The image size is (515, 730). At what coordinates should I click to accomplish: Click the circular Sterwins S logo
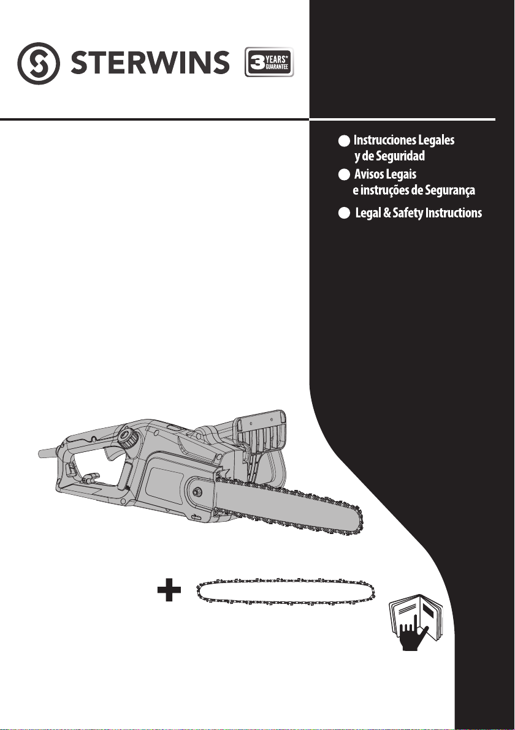pyautogui.click(x=38, y=63)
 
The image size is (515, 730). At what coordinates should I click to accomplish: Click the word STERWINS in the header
pyautogui.click(x=150, y=63)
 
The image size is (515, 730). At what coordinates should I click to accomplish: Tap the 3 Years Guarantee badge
pyautogui.click(x=269, y=62)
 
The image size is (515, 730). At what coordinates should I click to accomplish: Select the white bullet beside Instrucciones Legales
pyautogui.click(x=344, y=141)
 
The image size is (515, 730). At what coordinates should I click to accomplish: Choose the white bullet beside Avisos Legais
pyautogui.click(x=344, y=175)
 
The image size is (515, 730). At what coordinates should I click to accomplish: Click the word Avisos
pyautogui.click(x=369, y=174)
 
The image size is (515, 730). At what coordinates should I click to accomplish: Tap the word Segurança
pyautogui.click(x=450, y=190)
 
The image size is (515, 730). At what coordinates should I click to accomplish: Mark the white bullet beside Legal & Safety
pyautogui.click(x=344, y=213)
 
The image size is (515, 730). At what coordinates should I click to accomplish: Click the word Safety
pyautogui.click(x=408, y=213)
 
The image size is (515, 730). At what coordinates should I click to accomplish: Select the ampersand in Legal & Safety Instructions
pyautogui.click(x=386, y=213)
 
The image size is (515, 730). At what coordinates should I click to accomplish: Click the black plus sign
pyautogui.click(x=169, y=590)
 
